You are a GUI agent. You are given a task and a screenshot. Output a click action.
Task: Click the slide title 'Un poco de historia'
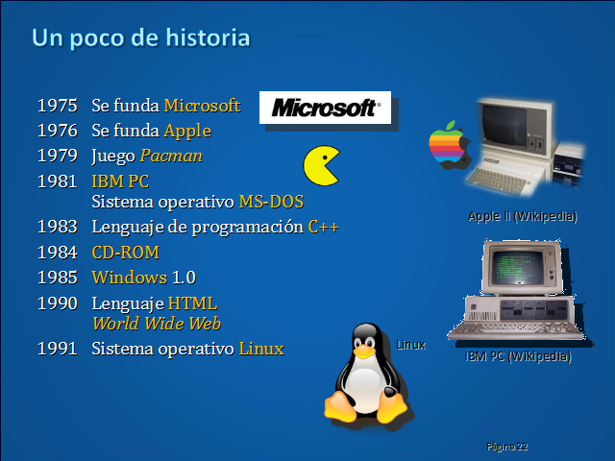tap(140, 37)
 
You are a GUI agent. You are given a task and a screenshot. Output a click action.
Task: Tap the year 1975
tap(57, 105)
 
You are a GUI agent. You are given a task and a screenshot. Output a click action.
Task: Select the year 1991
tap(57, 349)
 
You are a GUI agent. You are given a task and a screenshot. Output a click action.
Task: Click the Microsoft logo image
tap(325, 108)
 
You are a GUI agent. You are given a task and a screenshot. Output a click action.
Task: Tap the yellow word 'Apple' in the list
tap(186, 131)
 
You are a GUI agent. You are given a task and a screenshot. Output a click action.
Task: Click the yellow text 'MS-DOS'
tap(271, 202)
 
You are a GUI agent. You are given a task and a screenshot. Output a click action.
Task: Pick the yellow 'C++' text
tap(323, 227)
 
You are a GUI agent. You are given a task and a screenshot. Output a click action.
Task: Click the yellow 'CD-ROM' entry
tap(125, 253)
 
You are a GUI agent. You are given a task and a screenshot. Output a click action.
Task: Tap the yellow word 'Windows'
tap(129, 278)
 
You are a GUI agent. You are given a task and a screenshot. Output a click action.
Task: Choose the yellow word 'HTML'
tap(193, 303)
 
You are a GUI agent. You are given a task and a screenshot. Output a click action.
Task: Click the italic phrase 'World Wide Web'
tap(156, 323)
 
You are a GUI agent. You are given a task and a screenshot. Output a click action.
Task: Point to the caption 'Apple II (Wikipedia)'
tap(522, 216)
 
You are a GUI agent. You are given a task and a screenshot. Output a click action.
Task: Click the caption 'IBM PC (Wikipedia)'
tap(517, 356)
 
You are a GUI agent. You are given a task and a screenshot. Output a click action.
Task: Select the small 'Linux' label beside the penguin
tap(410, 344)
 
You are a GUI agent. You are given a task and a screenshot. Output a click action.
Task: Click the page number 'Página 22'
tap(507, 447)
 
